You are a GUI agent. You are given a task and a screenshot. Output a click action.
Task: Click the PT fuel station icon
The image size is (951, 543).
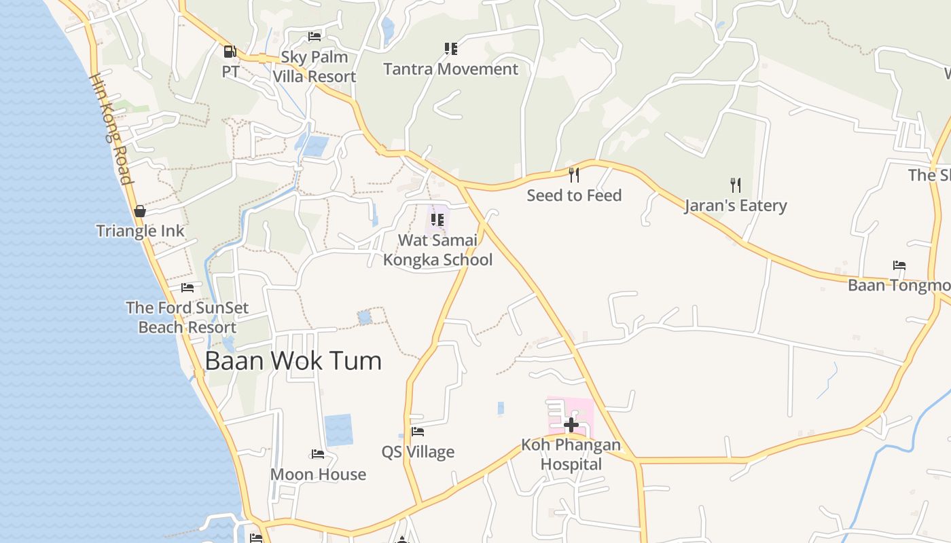coord(230,51)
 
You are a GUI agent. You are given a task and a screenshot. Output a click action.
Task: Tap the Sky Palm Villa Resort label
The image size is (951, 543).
coord(315,67)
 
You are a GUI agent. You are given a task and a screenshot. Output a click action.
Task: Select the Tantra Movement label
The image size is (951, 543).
coord(450,69)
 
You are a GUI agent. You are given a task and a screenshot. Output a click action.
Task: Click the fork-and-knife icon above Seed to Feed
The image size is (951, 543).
coord(574,175)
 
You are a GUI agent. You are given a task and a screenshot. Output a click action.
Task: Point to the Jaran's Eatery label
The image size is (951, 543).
coord(736,206)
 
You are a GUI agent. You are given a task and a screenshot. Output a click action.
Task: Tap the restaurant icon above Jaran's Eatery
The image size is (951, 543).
coord(735,185)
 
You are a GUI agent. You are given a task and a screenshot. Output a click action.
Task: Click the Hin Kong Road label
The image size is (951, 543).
coord(110,129)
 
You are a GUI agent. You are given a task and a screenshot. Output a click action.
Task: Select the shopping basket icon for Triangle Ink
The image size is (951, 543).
coord(140,211)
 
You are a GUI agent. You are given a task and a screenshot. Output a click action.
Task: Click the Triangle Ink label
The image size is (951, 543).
coord(140,231)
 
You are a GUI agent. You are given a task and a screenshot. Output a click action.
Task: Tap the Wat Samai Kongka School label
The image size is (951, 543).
coord(437,250)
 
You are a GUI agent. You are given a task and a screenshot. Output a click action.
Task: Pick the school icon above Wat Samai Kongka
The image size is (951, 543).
coord(437,220)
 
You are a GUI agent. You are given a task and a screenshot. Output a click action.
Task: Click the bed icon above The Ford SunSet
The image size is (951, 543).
coord(187,288)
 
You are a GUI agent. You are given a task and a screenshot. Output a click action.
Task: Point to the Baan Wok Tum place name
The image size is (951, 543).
coord(293,360)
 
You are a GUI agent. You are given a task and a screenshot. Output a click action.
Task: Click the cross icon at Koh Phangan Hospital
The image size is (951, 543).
coord(571,425)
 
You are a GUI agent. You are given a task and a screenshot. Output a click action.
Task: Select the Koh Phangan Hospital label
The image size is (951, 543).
coord(571,455)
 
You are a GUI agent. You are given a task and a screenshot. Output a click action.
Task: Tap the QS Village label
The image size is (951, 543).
coord(418,452)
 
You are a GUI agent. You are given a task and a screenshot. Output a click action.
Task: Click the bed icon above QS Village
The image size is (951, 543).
coord(418,432)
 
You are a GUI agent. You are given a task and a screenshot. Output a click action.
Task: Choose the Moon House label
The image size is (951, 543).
coord(318,474)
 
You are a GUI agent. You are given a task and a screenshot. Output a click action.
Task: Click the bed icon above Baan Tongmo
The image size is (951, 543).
coord(899,265)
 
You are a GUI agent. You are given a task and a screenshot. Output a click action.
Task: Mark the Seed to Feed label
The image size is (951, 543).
coord(574,195)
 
